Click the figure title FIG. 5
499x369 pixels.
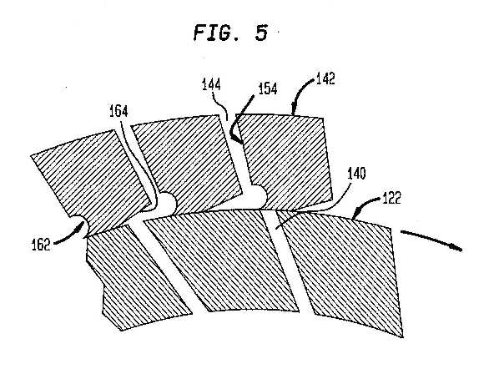pos(230,33)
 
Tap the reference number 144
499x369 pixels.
pos(212,84)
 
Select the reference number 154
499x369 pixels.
pos(268,88)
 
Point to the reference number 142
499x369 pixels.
pos(325,78)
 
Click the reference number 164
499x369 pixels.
pos(118,111)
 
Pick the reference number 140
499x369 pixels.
pos(357,174)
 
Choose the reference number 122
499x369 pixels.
pos(391,198)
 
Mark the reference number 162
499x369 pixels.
pos(41,245)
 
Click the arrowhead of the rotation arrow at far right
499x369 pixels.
pos(456,247)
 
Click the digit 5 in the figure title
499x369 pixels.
pos(261,33)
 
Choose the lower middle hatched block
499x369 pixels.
pos(223,261)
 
